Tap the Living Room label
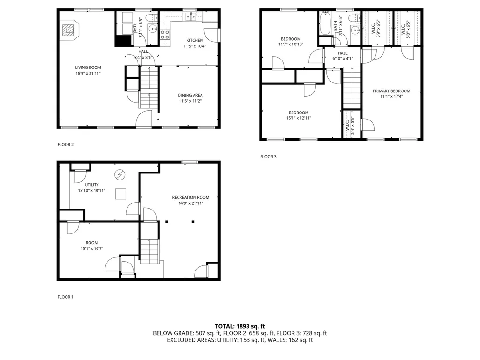[x=88, y=67]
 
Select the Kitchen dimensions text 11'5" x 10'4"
[x=195, y=46]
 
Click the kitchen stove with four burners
[x=165, y=34]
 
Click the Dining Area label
[x=190, y=95]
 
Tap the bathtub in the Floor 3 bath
[x=325, y=23]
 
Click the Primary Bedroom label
[x=391, y=91]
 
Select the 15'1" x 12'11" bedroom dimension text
[x=299, y=118]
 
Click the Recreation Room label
[x=191, y=197]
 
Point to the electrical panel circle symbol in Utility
[x=120, y=175]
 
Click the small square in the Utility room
[x=120, y=194]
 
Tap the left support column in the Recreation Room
[x=167, y=222]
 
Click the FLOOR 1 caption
[x=66, y=297]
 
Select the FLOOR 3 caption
[x=268, y=157]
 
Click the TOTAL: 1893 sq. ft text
[x=240, y=326]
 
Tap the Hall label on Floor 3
[x=343, y=53]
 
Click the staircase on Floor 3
[x=352, y=88]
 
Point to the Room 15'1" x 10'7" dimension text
[x=92, y=248]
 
